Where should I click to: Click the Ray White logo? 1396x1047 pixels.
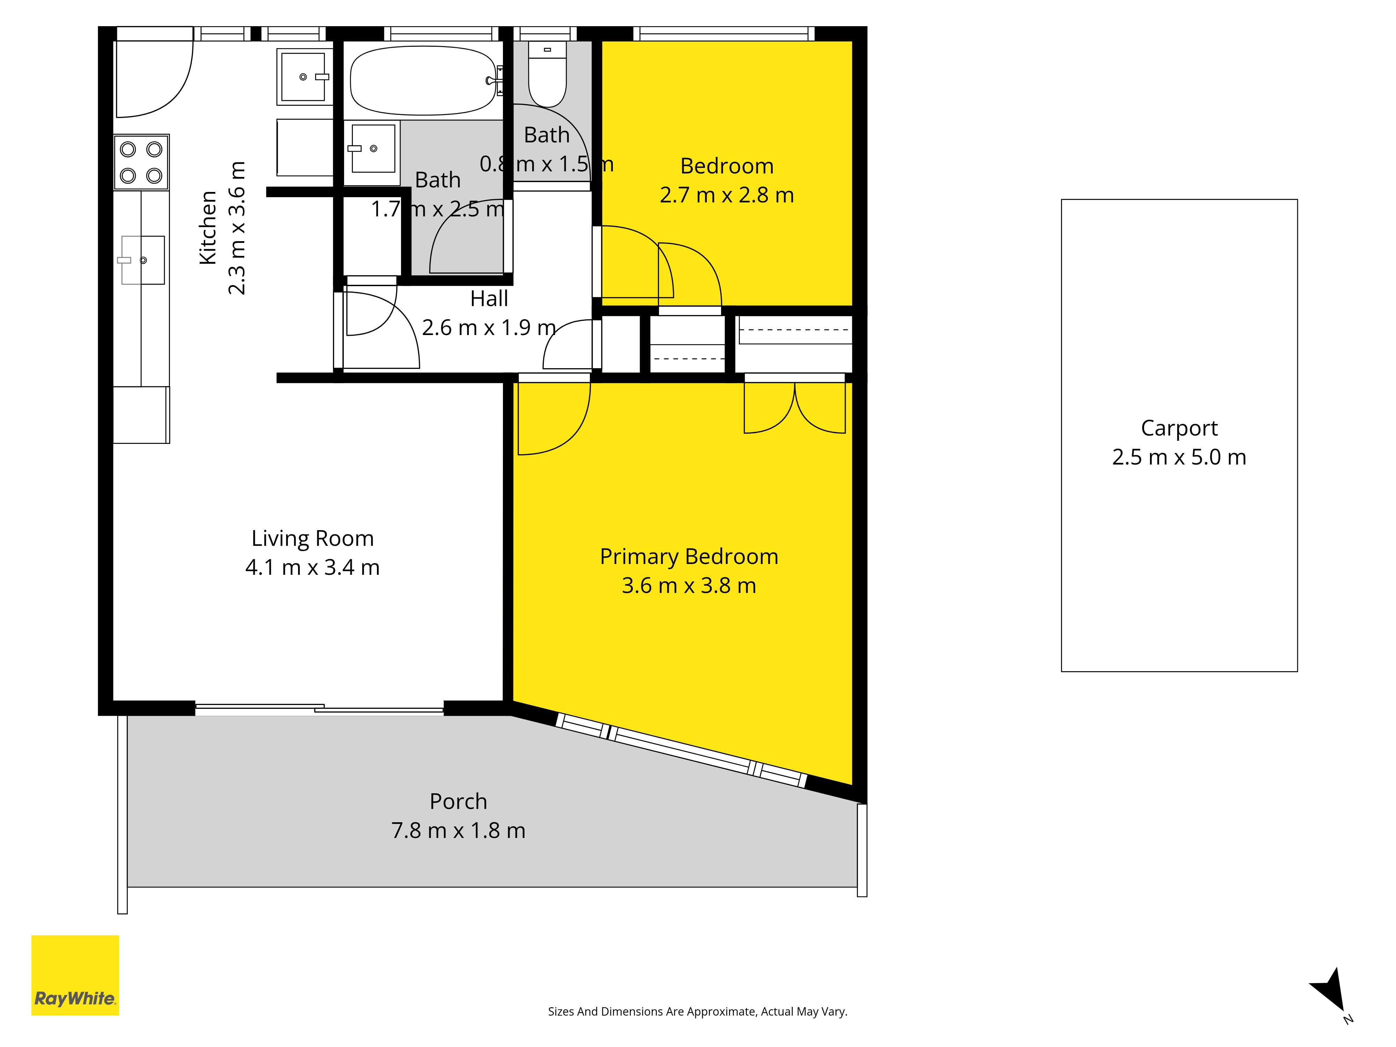click(x=75, y=975)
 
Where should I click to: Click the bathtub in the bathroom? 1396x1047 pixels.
click(x=423, y=80)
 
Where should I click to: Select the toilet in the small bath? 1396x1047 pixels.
click(x=547, y=74)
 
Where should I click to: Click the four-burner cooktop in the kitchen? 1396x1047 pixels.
click(x=141, y=162)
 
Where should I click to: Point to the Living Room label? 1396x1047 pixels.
click(x=312, y=538)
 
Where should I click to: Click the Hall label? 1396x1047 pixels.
click(x=489, y=298)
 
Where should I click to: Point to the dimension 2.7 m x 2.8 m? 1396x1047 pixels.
click(x=727, y=195)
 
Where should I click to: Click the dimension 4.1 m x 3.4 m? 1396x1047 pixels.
click(x=312, y=567)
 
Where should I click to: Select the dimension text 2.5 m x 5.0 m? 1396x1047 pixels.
click(x=1179, y=457)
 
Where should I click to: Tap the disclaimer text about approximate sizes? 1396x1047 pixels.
click(x=697, y=1012)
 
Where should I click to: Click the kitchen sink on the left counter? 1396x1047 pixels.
click(x=143, y=260)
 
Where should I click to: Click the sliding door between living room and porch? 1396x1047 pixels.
click(x=319, y=708)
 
